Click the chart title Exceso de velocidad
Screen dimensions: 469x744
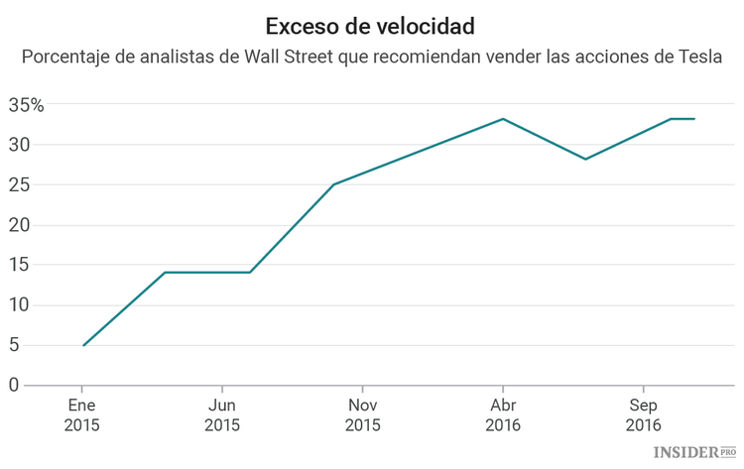[370, 24]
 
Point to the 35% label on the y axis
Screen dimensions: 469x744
[26, 104]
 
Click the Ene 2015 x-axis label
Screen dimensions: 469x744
[82, 414]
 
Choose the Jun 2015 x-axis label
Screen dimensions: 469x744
[222, 414]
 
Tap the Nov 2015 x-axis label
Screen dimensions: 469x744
[363, 414]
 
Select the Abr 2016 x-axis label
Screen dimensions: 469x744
[503, 414]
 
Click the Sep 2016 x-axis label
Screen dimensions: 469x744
[644, 414]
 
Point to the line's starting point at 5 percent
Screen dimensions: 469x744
[83, 345]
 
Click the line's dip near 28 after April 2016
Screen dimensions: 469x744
[585, 159]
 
